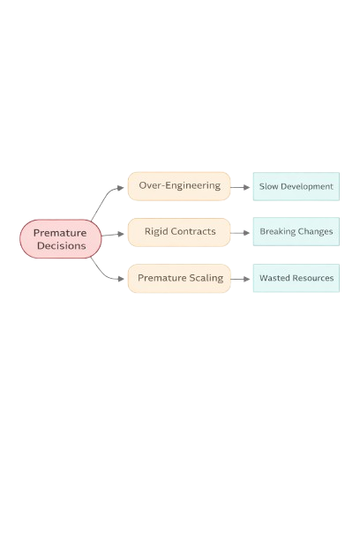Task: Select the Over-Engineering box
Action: pos(179,186)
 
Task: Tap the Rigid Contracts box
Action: pos(179,232)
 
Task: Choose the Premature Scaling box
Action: pos(179,278)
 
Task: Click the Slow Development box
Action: pos(296,187)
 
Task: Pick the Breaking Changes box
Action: pos(296,232)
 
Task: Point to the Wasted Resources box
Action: pos(296,278)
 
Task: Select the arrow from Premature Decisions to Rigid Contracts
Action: pos(115,235)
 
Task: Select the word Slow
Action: pos(268,187)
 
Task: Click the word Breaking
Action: pos(278,232)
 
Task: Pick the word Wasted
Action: pos(274,278)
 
